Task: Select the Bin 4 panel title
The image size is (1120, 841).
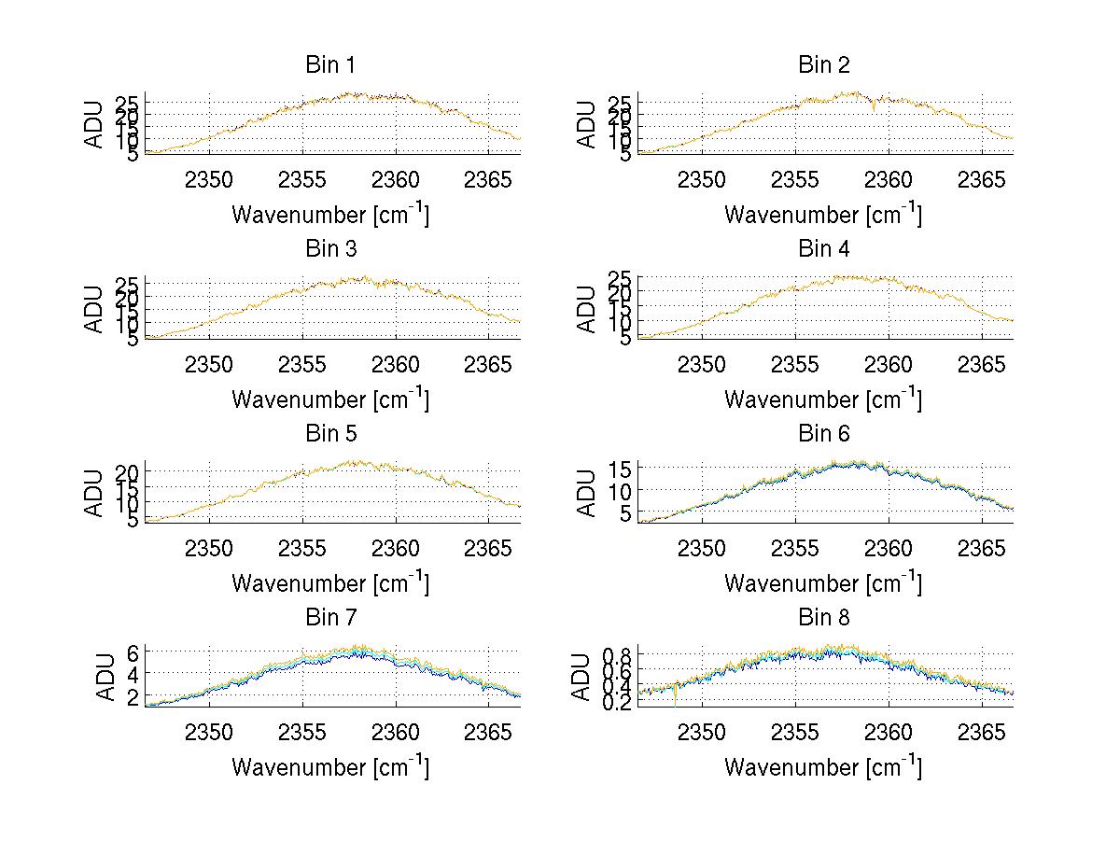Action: tap(823, 249)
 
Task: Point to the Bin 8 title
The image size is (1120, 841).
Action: tap(823, 618)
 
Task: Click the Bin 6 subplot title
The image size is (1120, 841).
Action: tap(823, 433)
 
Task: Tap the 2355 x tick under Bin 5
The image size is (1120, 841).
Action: tap(302, 547)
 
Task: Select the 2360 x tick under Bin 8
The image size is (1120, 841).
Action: tap(889, 731)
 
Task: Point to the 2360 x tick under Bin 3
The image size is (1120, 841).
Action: tap(396, 363)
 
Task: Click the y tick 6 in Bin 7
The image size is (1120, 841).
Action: tap(133, 652)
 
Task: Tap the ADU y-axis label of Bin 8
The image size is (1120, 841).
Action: tap(581, 678)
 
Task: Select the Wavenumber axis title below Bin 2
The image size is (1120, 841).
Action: tap(823, 215)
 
